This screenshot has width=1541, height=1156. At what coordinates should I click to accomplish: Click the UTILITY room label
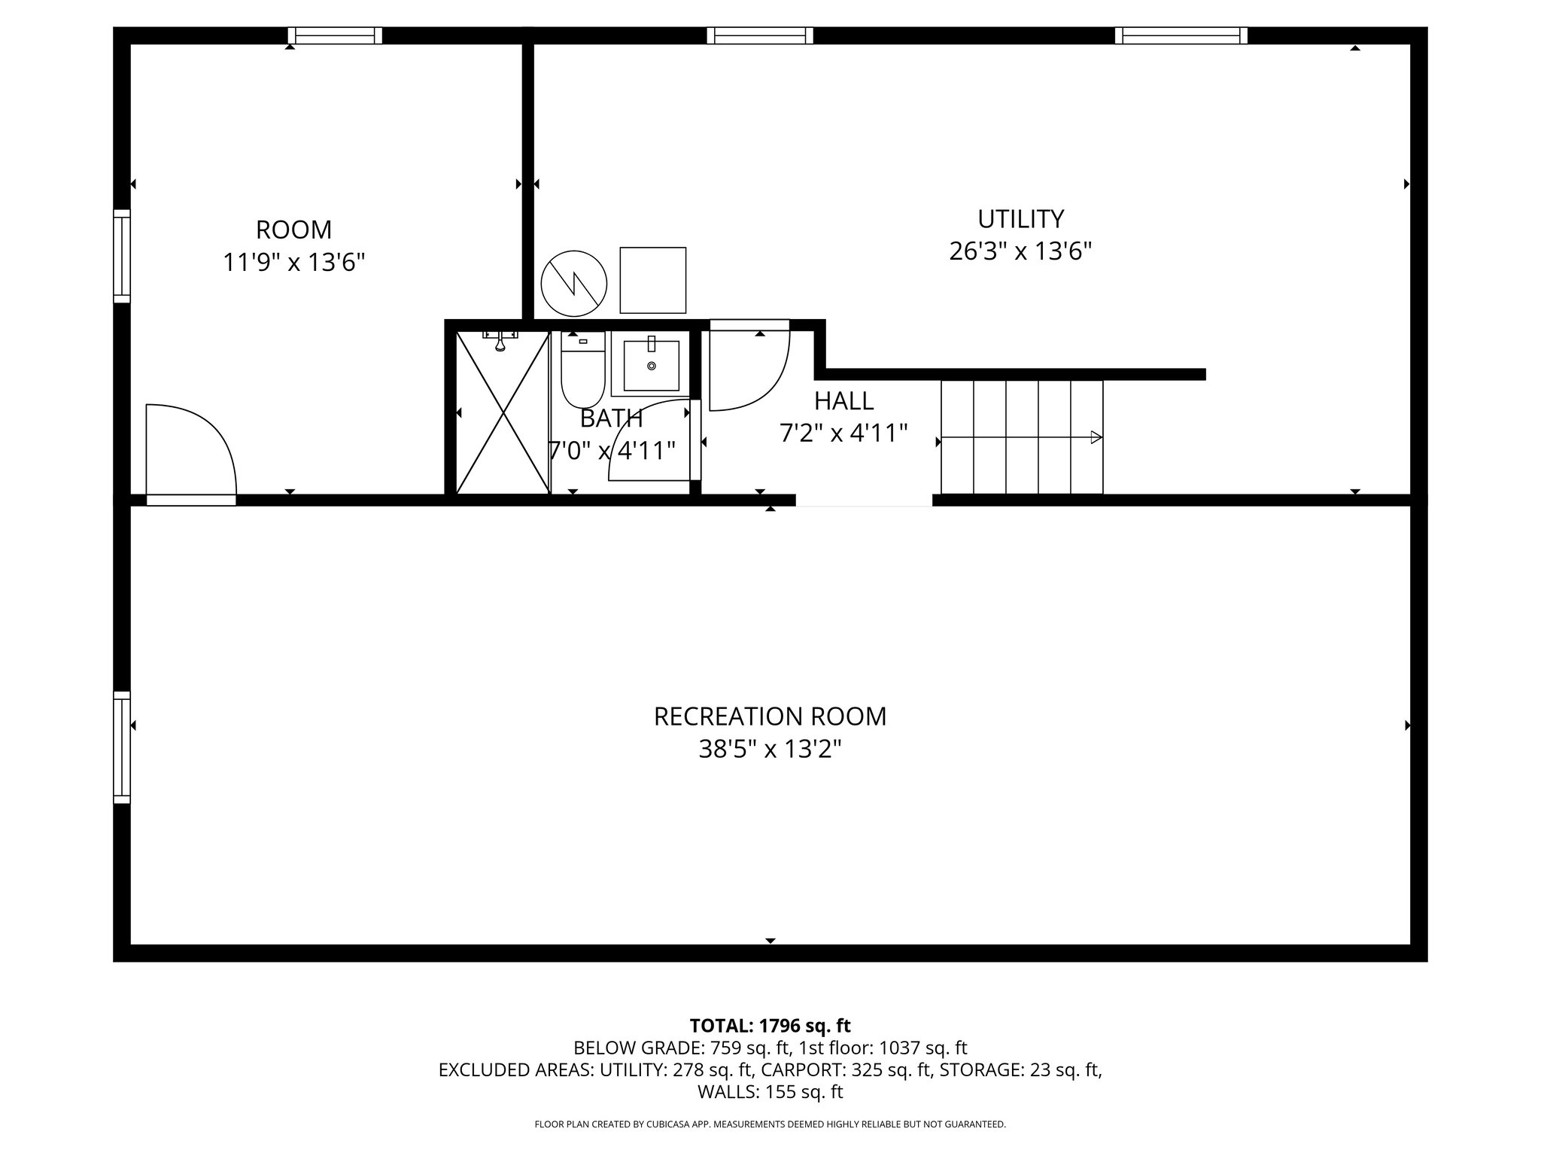click(1020, 219)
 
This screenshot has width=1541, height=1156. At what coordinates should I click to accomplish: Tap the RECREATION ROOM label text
click(770, 716)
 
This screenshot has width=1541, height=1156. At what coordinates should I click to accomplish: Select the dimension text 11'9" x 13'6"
click(294, 263)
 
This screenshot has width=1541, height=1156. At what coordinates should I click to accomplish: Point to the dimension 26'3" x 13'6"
click(1020, 251)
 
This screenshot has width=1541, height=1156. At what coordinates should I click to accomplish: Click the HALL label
click(843, 401)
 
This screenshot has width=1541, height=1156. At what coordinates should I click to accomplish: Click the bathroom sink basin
click(651, 366)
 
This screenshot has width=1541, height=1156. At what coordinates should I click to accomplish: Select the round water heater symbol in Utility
click(574, 284)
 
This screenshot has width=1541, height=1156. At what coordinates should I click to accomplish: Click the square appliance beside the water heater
click(652, 280)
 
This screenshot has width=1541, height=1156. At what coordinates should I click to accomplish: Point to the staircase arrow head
click(1096, 437)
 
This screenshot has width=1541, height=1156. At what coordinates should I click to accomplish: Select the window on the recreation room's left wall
click(122, 747)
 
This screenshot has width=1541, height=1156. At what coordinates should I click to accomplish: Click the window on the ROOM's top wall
click(335, 35)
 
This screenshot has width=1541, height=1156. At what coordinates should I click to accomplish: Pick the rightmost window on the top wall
click(1181, 35)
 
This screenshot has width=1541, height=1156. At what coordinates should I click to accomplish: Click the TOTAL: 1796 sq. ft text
click(770, 1026)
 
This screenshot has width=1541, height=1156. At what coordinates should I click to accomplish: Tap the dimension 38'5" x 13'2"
click(770, 750)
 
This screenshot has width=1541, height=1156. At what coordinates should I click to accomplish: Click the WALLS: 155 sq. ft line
click(770, 1092)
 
